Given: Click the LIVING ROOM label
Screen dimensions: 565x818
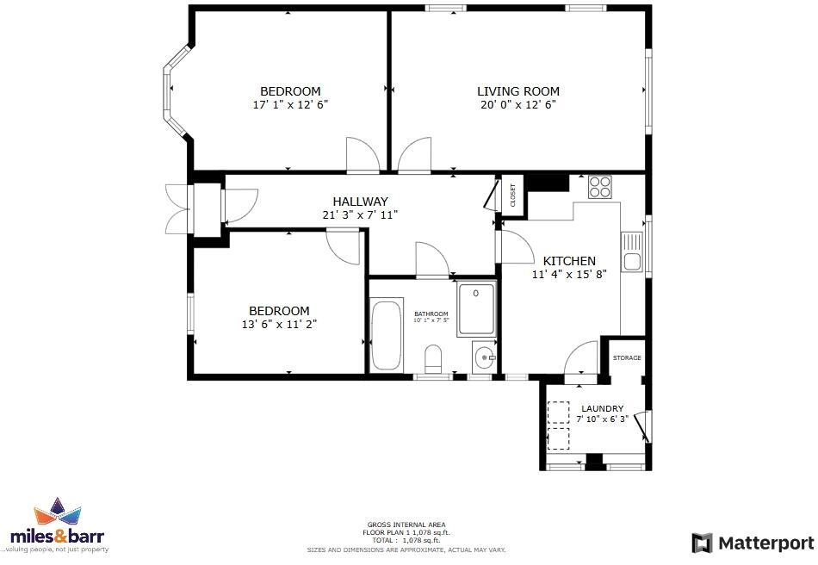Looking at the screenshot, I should tap(518, 91).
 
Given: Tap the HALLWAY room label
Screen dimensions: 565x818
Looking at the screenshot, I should tap(360, 202).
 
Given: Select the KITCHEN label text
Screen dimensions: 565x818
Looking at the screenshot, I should tap(568, 261).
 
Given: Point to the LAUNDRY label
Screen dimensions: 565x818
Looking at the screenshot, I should tap(602, 408).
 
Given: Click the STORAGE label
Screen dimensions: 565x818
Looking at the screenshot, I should tap(627, 357).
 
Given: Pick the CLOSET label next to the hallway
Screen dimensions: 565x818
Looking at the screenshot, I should tap(512, 196).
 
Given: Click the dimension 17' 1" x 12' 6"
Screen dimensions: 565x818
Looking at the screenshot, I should tap(290, 104).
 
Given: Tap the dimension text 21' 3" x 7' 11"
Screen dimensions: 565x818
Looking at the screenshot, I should tap(360, 214).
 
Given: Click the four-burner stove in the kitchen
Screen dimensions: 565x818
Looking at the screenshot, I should tap(599, 187).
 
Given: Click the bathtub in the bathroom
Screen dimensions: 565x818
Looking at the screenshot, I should tap(387, 335).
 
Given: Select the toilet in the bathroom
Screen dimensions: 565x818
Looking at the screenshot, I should tap(434, 357).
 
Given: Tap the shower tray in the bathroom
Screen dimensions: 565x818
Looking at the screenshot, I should tap(476, 309).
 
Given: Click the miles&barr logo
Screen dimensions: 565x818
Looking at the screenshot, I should tap(58, 526).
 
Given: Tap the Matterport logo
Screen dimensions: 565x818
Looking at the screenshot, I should tap(753, 543).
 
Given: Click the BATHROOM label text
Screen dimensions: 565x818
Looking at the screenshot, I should tap(431, 314).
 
